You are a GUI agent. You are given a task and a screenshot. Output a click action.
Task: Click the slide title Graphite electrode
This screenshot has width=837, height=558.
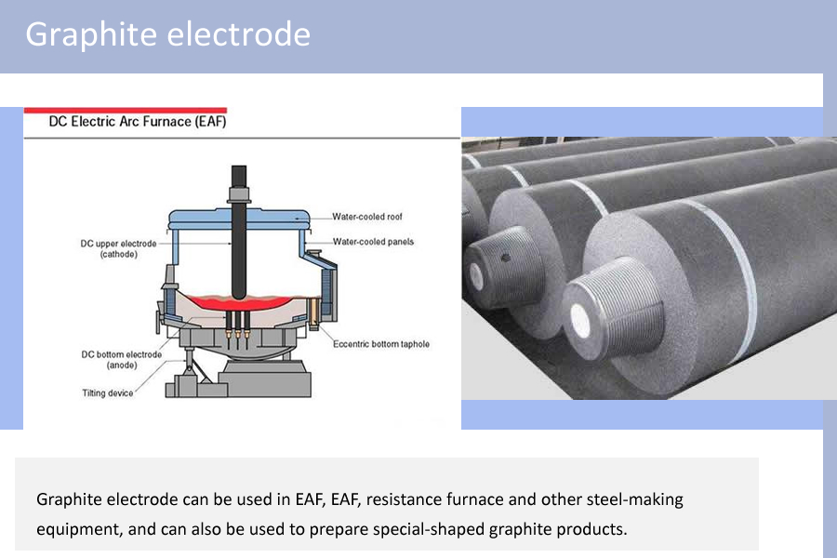click(167, 34)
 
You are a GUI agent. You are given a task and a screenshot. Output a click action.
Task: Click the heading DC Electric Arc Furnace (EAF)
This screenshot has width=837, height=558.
click(137, 121)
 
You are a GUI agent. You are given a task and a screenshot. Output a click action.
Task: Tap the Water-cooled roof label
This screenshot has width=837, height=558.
click(367, 217)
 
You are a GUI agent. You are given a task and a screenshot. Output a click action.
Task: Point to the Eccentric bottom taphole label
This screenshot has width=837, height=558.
click(381, 344)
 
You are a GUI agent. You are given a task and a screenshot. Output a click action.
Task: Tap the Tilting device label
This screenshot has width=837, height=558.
click(108, 392)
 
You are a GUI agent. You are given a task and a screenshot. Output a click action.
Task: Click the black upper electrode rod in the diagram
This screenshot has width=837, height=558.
click(239, 242)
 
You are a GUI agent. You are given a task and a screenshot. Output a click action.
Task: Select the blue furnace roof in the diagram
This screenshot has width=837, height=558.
click(238, 217)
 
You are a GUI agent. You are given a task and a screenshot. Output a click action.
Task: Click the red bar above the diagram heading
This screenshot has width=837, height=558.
click(125, 110)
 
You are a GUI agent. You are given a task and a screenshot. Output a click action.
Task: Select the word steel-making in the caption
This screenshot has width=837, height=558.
click(634, 499)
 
